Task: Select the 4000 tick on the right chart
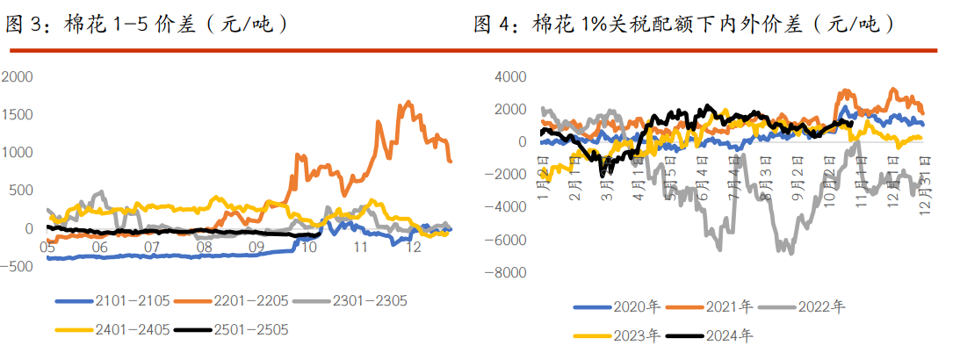click(510, 77)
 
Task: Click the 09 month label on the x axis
click(256, 248)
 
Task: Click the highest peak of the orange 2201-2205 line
click(407, 103)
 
